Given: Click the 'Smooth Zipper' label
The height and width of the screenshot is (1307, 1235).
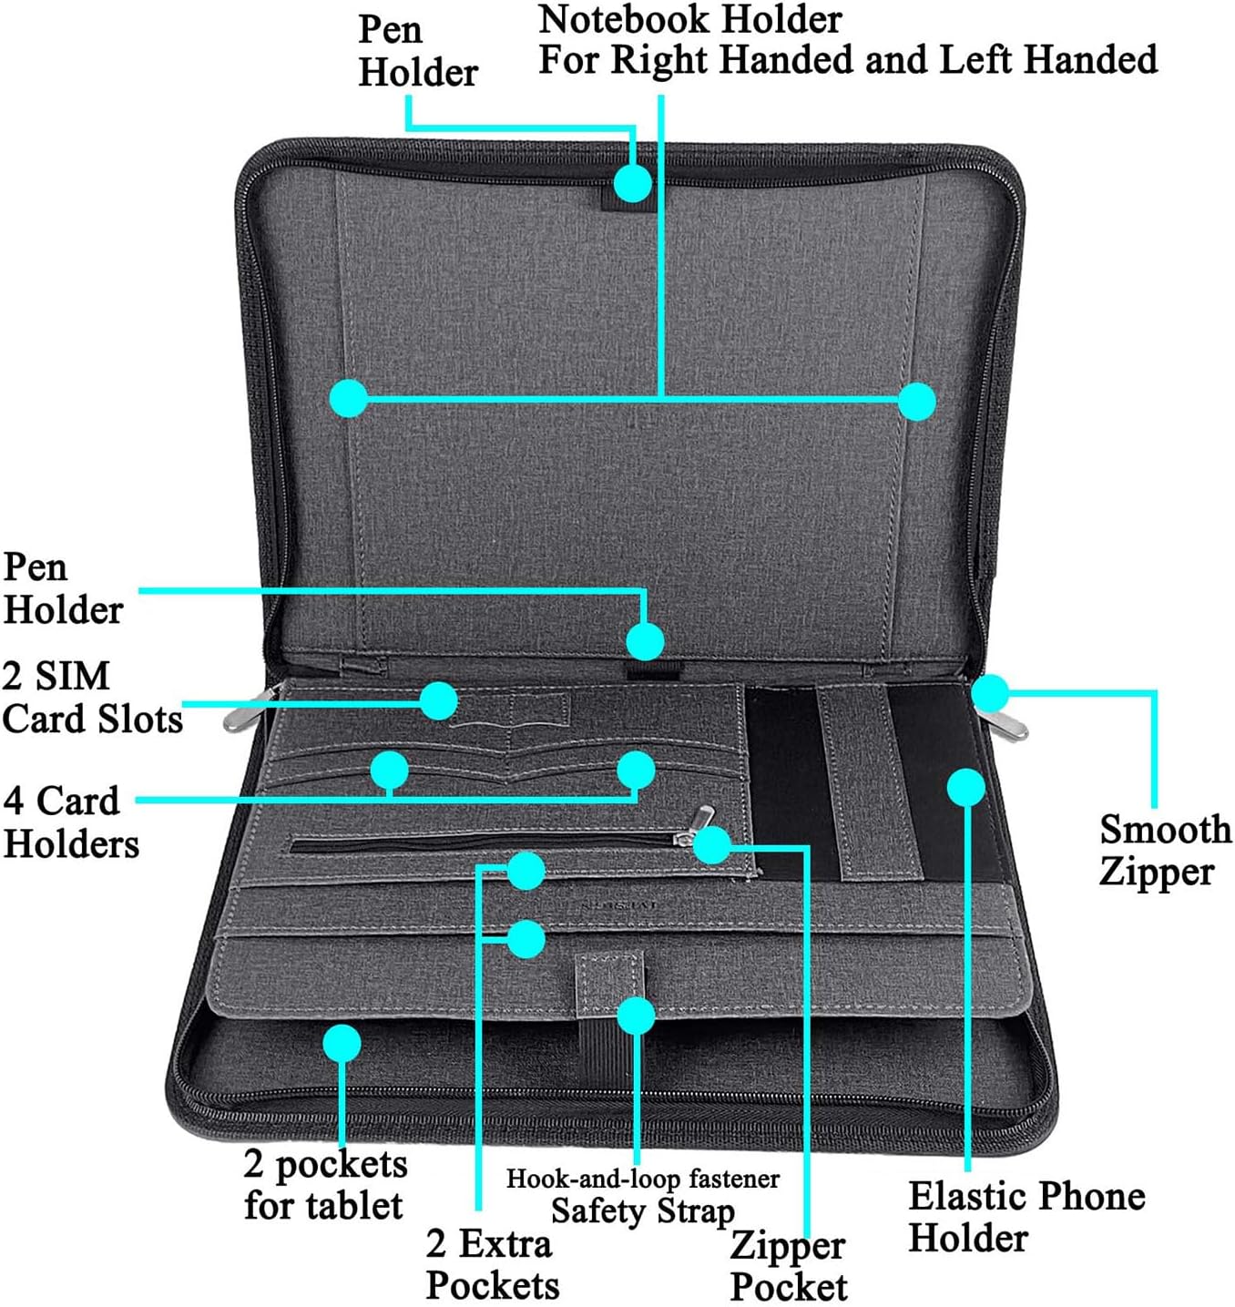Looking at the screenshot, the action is [x=1165, y=851].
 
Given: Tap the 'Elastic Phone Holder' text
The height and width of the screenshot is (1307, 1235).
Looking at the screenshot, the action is [x=1026, y=1217].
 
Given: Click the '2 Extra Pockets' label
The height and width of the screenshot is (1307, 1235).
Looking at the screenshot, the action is [x=493, y=1263].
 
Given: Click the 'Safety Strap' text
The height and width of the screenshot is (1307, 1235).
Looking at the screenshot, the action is [x=642, y=1211].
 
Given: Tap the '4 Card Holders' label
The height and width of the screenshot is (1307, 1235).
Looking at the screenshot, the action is [x=71, y=822].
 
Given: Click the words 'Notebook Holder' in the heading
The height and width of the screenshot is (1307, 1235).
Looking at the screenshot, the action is [x=690, y=20].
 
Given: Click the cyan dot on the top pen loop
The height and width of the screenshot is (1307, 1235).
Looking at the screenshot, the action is [x=633, y=182].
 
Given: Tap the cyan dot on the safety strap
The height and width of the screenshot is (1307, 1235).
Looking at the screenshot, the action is [x=636, y=1016].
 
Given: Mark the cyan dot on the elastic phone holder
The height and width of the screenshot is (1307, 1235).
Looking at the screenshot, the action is [x=965, y=787].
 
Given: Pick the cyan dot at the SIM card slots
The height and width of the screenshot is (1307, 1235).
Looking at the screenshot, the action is [x=439, y=700].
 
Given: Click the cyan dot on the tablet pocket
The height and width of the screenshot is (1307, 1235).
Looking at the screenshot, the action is [x=342, y=1043].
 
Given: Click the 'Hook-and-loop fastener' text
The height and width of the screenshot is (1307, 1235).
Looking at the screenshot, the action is [x=642, y=1178].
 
